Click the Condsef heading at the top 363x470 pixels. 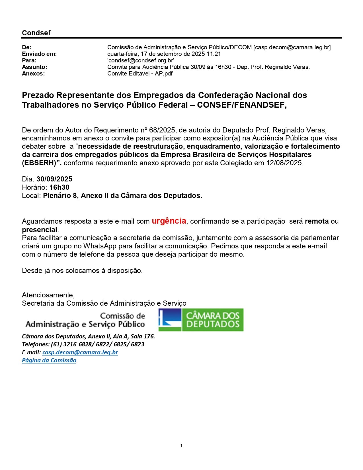coord(36,33)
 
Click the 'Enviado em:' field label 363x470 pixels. coord(39,54)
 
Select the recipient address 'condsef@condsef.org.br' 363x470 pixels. coord(141,60)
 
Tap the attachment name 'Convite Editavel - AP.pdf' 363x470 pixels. coord(140,73)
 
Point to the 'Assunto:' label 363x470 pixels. coord(34,67)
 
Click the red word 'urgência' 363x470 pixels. coord(169,221)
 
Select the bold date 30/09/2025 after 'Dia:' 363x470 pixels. coord(54,179)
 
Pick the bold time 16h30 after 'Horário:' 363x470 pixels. coord(59,187)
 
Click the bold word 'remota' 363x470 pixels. coord(317,221)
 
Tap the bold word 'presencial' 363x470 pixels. coord(40,230)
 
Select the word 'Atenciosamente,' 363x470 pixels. coord(48,295)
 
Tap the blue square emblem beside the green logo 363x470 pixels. coord(170,320)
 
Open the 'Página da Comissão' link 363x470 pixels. coord(49,360)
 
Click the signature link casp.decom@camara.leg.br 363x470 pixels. coord(80,352)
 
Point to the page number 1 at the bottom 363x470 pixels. coord(181,446)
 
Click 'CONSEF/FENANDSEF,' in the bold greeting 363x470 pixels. coord(242,105)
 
